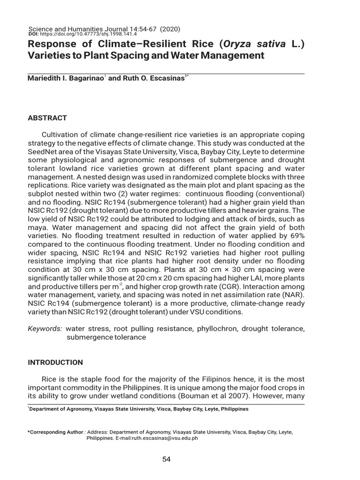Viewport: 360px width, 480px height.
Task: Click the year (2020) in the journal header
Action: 170,29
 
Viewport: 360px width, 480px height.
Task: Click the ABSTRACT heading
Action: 47,118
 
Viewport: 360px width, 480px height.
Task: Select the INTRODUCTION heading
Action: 55,362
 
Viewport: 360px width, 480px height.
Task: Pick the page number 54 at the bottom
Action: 166,459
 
